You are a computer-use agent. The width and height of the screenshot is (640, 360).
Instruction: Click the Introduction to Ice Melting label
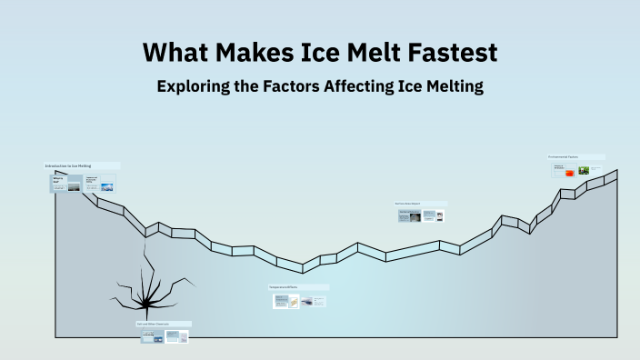pyautogui.click(x=68, y=166)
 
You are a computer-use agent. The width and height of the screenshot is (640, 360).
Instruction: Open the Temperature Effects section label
pyautogui.click(x=285, y=287)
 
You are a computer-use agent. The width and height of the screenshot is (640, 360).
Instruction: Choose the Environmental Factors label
pyautogui.click(x=565, y=157)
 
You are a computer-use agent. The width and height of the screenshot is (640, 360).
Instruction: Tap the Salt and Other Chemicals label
pyautogui.click(x=153, y=324)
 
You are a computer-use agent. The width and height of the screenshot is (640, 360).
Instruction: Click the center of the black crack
pyautogui.click(x=143, y=295)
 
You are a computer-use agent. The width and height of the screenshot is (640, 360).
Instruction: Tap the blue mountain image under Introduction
pyautogui.click(x=106, y=187)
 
